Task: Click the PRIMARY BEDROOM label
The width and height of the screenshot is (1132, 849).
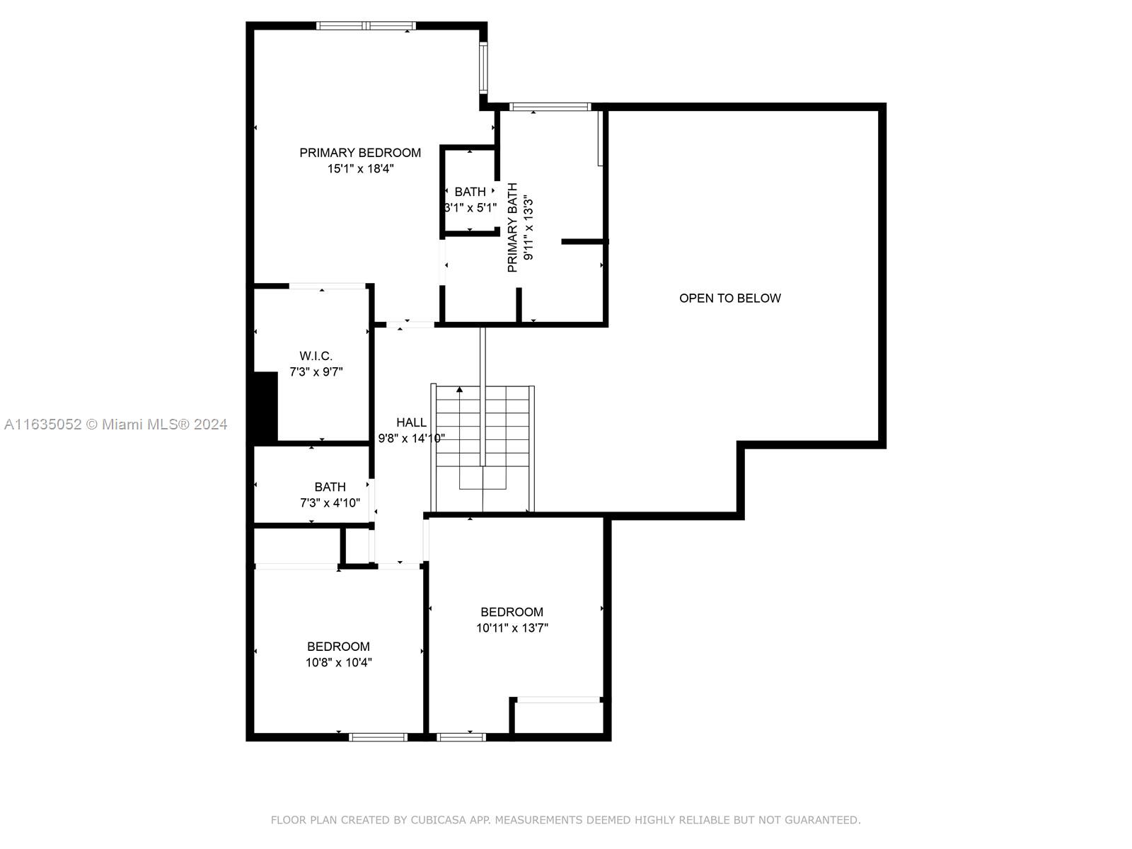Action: pos(360,153)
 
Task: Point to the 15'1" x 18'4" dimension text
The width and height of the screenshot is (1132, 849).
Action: pos(360,168)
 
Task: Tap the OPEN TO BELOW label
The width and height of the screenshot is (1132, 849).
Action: pos(729,298)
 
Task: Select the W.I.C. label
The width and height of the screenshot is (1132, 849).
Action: pos(316,356)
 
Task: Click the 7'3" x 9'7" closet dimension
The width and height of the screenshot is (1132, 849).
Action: pos(316,371)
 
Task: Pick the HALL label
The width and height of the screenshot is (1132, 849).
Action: pos(411,422)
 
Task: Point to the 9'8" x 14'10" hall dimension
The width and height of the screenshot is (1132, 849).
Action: pos(411,438)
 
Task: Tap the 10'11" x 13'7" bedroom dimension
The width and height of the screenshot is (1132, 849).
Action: pos(512,628)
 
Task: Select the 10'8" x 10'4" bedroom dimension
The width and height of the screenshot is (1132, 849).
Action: pos(338,662)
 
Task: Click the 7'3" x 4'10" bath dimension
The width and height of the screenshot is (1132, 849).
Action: pos(330,502)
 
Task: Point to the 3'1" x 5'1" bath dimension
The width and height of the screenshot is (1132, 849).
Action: pos(470,207)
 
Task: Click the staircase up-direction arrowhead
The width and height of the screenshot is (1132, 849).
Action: pos(459,390)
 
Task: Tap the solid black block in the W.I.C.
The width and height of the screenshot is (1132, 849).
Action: pos(265,406)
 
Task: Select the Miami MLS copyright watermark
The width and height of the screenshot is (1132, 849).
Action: pos(115,424)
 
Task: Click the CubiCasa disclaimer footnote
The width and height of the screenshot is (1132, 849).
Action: pos(566,819)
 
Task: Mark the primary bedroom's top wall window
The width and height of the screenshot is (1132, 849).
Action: pos(366,25)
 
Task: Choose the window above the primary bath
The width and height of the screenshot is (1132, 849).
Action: pos(550,107)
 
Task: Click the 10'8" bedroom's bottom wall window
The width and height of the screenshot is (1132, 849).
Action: pos(378,737)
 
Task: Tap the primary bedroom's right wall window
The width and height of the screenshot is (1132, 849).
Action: pos(483,67)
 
